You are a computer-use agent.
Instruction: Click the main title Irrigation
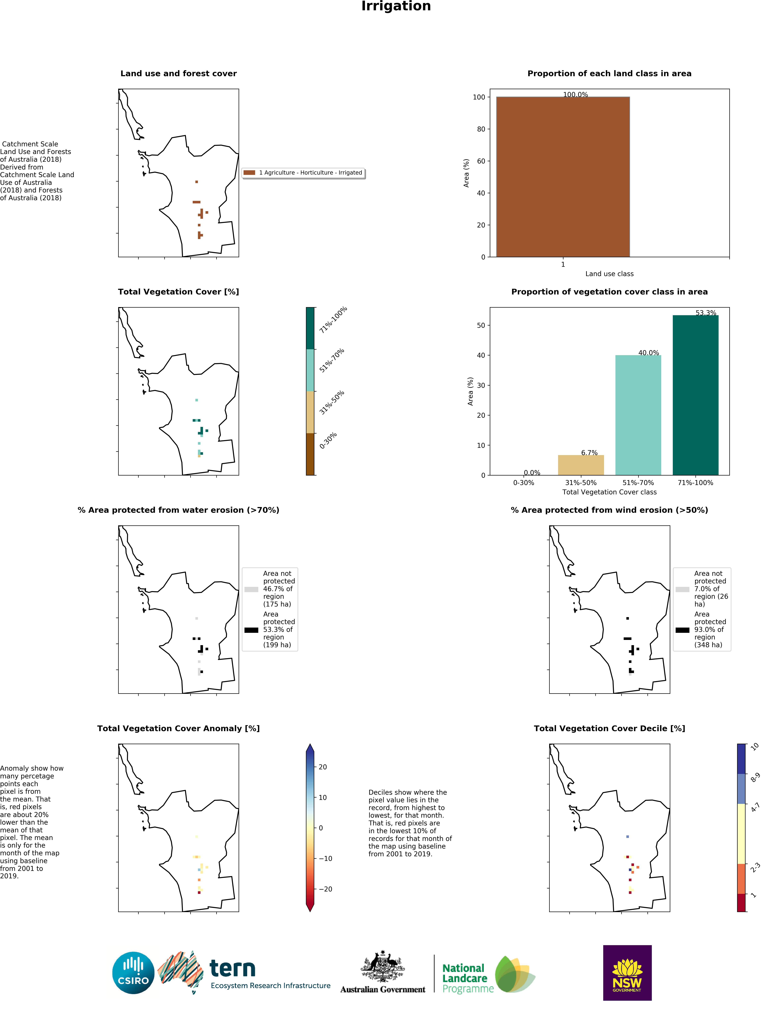pyautogui.click(x=396, y=6)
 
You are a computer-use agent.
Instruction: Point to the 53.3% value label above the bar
pyautogui.click(x=706, y=313)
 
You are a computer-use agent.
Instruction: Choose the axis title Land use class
pyautogui.click(x=609, y=274)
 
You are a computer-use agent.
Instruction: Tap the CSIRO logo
pyautogui.click(x=133, y=973)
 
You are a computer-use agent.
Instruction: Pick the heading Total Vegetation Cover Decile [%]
pyautogui.click(x=609, y=728)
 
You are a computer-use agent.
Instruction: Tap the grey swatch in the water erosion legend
pyautogui.click(x=251, y=589)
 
